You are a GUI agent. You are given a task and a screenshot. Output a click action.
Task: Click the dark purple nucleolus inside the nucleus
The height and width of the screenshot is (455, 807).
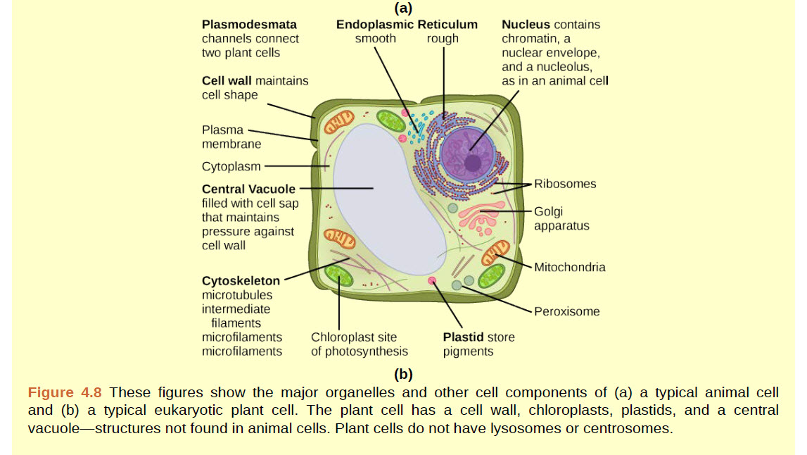tap(472, 164)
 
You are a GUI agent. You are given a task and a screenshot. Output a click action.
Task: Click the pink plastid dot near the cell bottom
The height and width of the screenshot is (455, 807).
tap(433, 281)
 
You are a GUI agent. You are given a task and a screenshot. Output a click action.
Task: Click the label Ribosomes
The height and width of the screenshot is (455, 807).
tap(564, 184)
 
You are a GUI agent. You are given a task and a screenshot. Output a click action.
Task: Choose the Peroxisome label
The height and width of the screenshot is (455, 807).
tap(566, 311)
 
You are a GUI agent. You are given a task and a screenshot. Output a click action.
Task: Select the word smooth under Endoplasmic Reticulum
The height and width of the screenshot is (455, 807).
tap(375, 39)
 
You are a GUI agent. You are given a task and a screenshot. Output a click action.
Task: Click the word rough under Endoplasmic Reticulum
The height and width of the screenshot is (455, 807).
tap(443, 39)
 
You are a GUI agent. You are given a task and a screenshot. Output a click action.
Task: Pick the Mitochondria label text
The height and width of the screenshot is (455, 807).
tap(569, 267)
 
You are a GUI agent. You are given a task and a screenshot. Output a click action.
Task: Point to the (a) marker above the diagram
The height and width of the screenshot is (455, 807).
tap(403, 8)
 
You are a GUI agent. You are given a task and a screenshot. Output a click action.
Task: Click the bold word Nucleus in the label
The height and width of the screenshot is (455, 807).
tap(526, 25)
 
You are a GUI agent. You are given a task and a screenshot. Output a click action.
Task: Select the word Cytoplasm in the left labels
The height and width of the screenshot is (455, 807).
tap(231, 167)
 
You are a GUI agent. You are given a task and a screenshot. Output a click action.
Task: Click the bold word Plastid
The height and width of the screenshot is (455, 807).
tap(460, 337)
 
